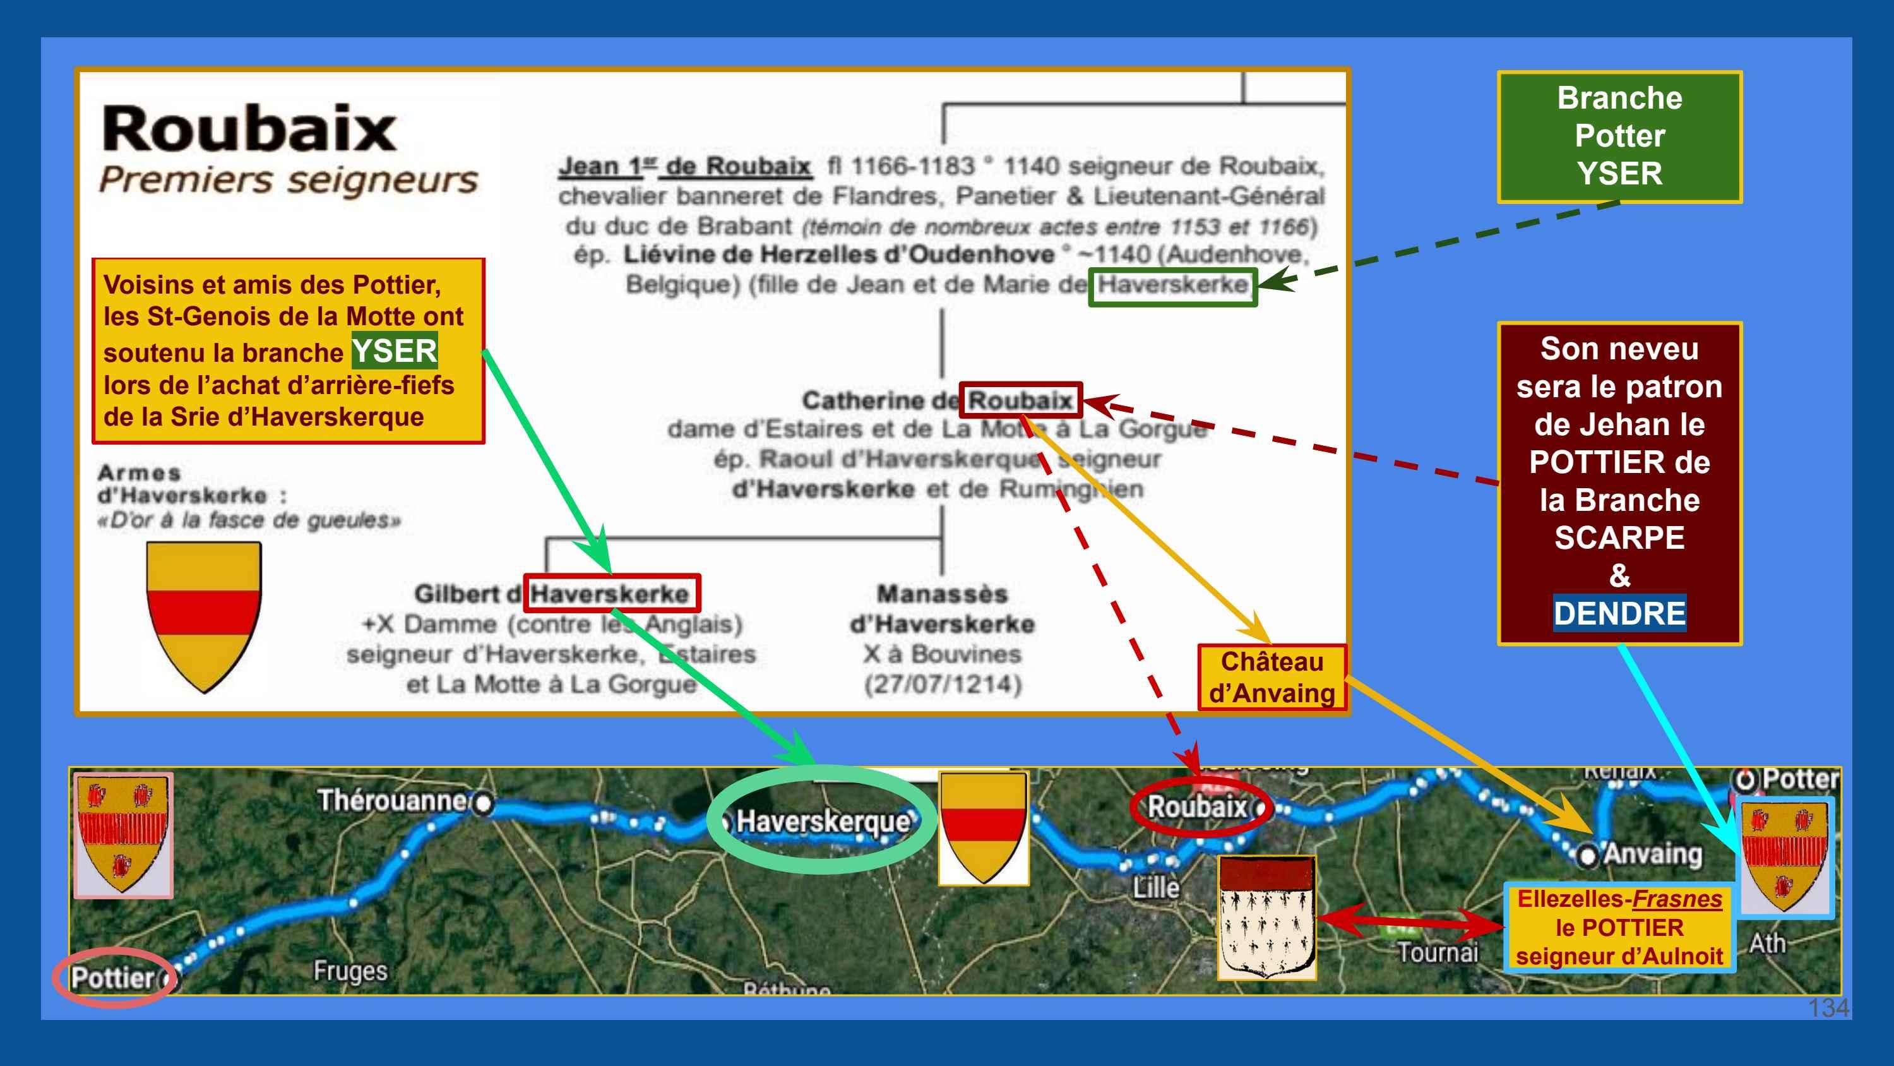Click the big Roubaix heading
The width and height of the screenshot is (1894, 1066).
click(249, 129)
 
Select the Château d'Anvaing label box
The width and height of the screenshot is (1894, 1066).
click(1272, 678)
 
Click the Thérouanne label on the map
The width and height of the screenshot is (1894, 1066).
click(391, 800)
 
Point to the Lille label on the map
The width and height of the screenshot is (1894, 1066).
click(1156, 887)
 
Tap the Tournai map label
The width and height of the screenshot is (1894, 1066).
click(1438, 953)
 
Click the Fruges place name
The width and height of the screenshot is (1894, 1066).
click(350, 971)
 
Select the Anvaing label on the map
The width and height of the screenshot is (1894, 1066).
click(1652, 854)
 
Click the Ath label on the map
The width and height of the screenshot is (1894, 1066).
click(1767, 943)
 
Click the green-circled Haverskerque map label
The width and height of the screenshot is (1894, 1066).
click(823, 820)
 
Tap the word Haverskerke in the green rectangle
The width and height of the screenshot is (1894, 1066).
click(1173, 285)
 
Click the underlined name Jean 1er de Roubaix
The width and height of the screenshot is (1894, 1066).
click(684, 167)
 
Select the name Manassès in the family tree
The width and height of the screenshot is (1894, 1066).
click(942, 594)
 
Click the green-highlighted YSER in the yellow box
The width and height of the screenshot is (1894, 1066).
click(395, 351)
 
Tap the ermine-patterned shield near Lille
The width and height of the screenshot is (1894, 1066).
click(1266, 918)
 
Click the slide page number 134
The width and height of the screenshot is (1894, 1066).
click(1828, 1007)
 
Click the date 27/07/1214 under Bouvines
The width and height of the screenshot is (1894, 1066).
click(943, 684)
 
